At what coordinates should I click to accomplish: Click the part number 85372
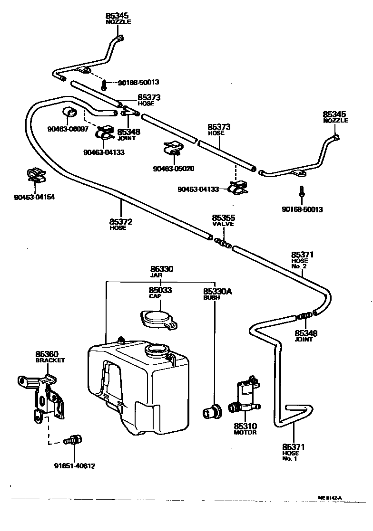point(120,221)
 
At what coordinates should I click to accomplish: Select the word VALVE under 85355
point(223,224)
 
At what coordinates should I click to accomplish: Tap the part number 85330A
point(217,291)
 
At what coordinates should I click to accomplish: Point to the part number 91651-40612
point(74,466)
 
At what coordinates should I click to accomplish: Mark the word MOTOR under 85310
point(245,433)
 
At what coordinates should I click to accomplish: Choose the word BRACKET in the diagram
point(50,360)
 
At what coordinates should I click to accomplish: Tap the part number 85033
point(160,290)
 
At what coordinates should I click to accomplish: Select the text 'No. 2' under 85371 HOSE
point(300,266)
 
